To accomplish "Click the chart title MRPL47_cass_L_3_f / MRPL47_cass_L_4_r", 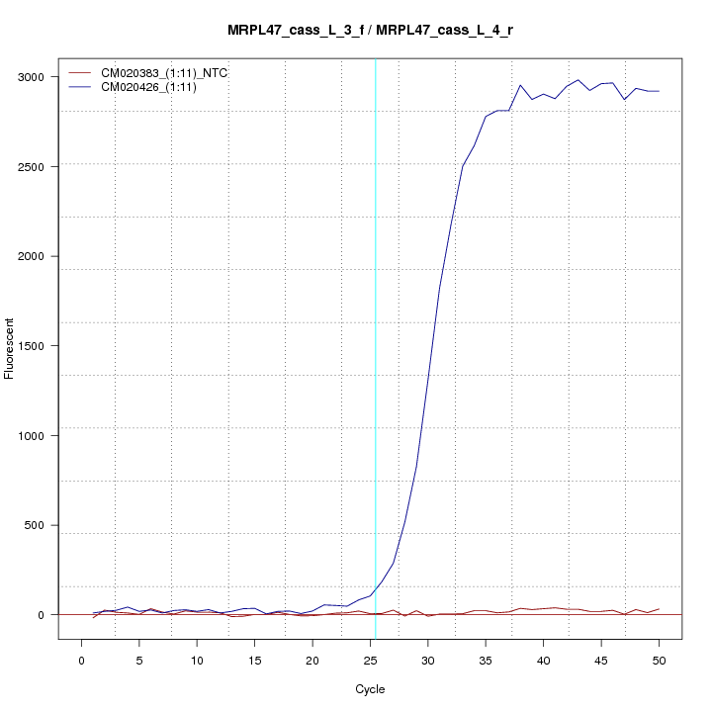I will [x=370, y=31].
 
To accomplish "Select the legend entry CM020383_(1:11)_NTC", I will [x=157, y=73].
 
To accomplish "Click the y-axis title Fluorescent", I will [x=11, y=347].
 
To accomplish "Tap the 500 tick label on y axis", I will [x=45, y=525].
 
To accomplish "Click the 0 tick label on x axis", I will [x=82, y=660].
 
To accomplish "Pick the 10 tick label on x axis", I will [x=197, y=660].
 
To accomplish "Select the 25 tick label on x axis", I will [x=370, y=660].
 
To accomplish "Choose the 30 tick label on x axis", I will [x=427, y=660].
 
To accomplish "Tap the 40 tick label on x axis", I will [x=543, y=660].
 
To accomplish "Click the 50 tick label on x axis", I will [x=659, y=660].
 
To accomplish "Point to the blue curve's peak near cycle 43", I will [x=578, y=80].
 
